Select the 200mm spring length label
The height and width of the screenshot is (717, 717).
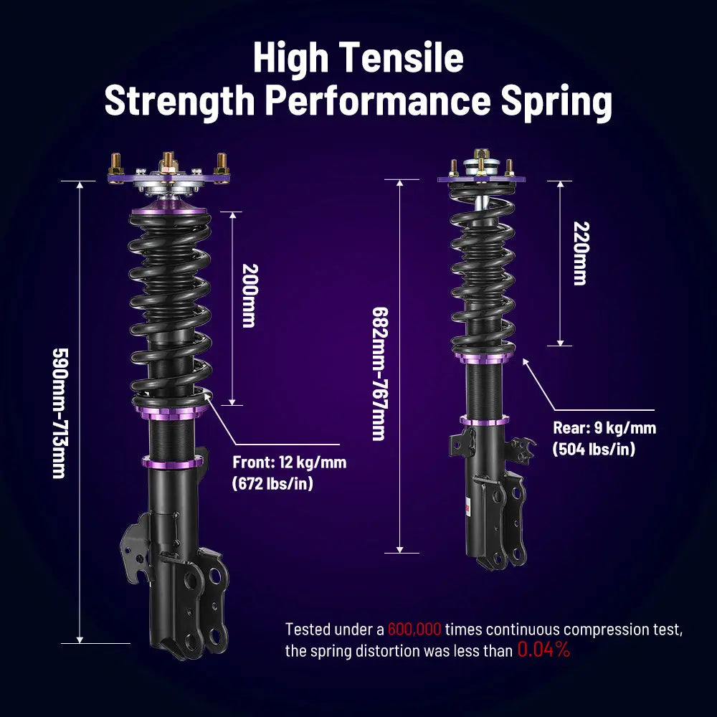248,295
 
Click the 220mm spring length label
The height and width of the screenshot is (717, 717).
579,252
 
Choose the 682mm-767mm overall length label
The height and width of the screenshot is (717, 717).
379,374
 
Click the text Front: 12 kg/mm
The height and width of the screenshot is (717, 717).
289,462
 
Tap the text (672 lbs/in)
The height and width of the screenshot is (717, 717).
272,484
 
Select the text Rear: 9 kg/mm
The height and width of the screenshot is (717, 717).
604,429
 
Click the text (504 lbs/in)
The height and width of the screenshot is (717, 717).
593,450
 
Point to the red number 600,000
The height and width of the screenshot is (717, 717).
414,630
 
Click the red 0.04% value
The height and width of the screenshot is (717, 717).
543,651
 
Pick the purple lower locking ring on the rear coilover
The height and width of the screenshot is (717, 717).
485,420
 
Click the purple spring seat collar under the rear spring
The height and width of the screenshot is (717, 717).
485,356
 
